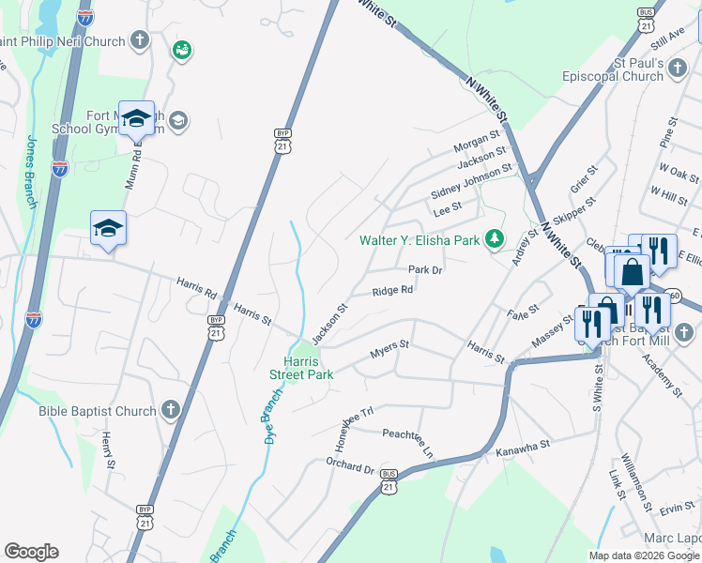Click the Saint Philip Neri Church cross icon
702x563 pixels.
[x=140, y=40]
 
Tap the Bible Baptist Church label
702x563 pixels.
[x=97, y=411]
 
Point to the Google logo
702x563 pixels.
[x=31, y=552]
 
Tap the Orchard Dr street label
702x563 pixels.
[x=350, y=466]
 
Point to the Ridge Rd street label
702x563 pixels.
[x=392, y=291]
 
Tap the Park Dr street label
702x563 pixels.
[x=424, y=269]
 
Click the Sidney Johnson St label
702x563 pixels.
[x=471, y=180]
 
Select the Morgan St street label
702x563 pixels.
[x=477, y=143]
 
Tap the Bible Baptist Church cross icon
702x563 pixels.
[x=170, y=409]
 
